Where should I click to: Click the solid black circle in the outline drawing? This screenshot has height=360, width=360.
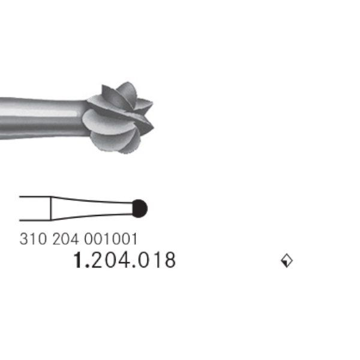139,208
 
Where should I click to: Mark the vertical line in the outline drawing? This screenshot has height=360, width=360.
50,208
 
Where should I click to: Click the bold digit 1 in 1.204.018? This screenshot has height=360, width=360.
77,260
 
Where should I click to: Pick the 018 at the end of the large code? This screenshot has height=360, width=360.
156,260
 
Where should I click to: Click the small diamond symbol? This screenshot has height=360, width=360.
287,260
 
